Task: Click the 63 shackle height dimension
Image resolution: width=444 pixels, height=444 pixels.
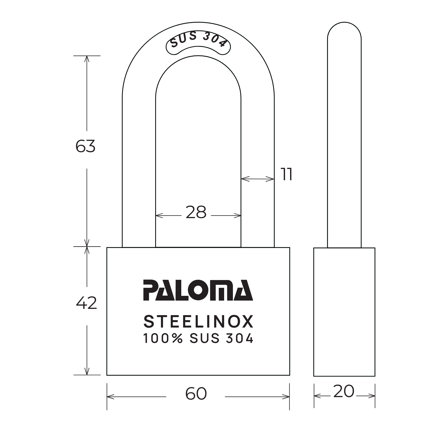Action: [x=85, y=146]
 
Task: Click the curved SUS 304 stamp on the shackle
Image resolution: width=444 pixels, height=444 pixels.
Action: [x=198, y=41]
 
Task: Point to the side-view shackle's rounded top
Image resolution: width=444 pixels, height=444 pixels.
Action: [x=344, y=29]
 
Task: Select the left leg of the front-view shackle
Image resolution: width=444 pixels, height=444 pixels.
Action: [x=139, y=170]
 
